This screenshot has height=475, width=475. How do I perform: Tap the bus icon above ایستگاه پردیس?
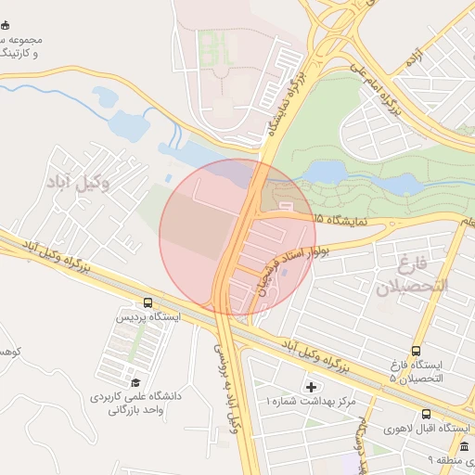[148, 302]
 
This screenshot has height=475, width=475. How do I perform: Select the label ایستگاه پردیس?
[148, 317]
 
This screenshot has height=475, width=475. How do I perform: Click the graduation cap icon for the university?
[135, 382]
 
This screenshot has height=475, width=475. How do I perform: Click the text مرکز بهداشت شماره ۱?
[311, 402]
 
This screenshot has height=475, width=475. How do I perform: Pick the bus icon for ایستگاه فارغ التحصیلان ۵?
[415, 352]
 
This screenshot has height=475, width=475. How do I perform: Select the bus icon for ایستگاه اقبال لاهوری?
[426, 414]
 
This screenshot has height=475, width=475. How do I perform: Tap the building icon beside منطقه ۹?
[464, 447]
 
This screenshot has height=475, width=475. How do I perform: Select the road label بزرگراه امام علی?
[380, 94]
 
